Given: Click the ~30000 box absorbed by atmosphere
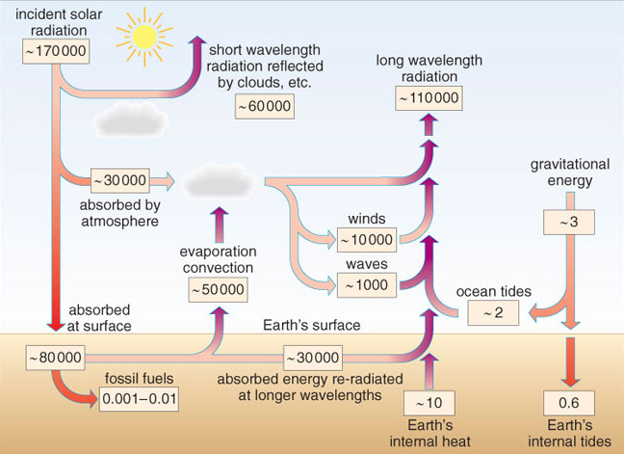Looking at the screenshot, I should coord(119,179).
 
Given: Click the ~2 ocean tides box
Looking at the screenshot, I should coord(494,312).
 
